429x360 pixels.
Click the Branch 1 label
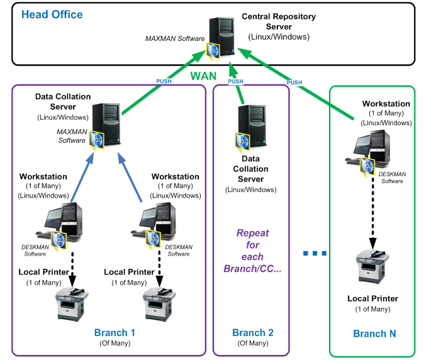114,332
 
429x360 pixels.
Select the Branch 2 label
253,333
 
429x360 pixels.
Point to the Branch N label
375,334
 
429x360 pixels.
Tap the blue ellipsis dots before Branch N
315,254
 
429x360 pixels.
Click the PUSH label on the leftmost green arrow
164,81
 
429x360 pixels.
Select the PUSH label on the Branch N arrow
294,82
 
